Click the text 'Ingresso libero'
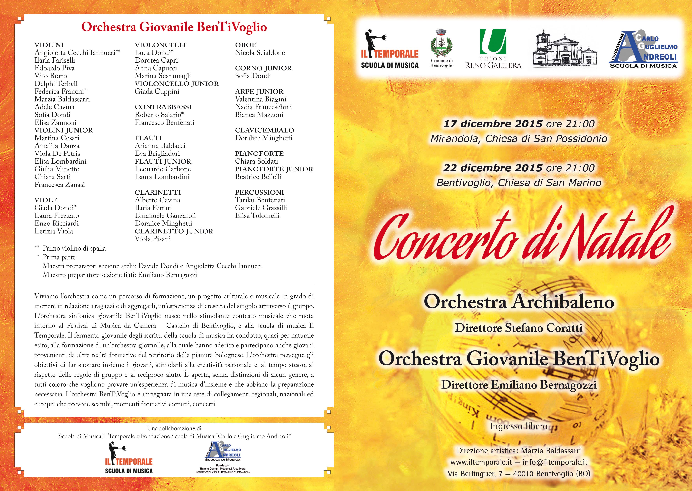pos(519,426)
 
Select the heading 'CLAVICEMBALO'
pos(264,130)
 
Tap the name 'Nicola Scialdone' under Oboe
pos(260,53)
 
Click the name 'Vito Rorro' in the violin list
pos(51,76)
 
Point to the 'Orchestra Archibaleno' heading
pos(519,302)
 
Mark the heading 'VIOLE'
pos(46,200)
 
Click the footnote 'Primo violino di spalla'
pos(74,248)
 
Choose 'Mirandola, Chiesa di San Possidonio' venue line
pos(519,139)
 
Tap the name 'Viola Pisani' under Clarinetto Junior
pos(153,239)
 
